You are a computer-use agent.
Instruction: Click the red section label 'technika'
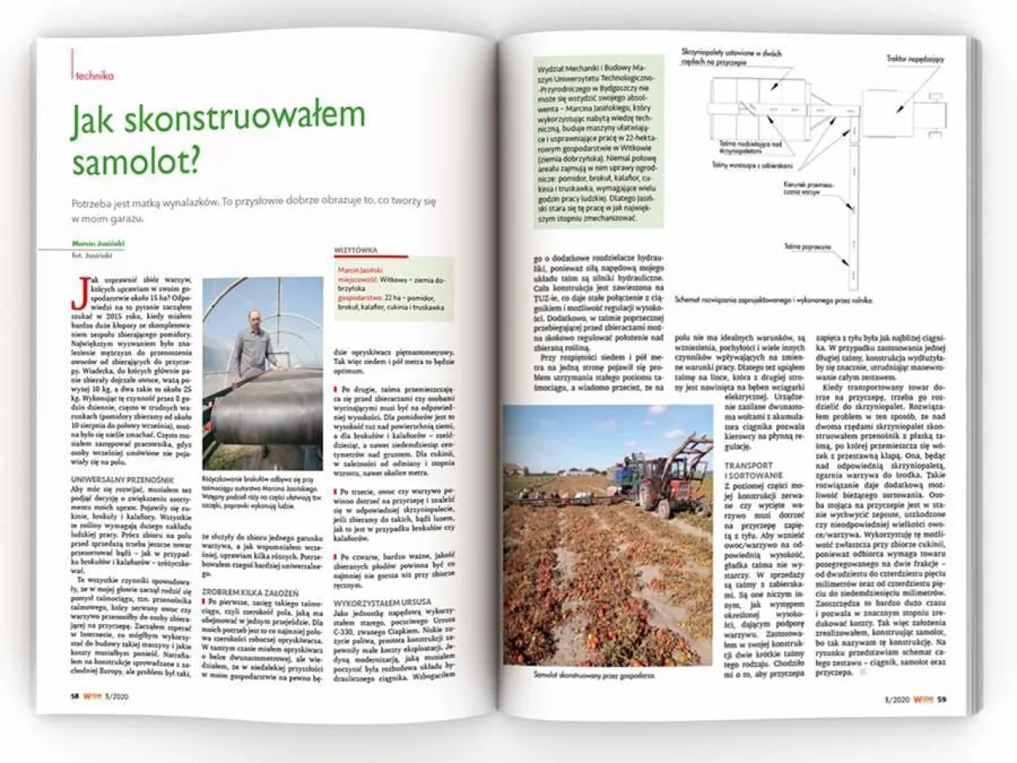(95, 76)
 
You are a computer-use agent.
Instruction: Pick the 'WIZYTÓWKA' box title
(355, 249)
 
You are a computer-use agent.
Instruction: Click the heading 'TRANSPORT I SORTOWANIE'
(748, 471)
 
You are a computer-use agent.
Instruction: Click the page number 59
(941, 699)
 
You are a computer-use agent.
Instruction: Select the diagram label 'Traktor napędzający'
(915, 60)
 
